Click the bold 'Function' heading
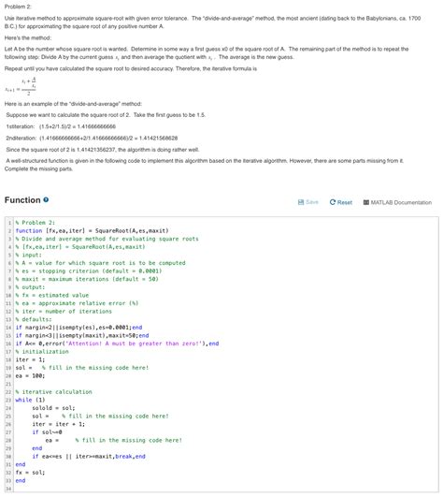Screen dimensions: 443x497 [x=22, y=200]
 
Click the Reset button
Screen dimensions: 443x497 [x=339, y=202]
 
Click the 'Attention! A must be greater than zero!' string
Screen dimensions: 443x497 [x=140, y=343]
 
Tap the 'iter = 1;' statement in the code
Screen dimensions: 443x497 [x=32, y=358]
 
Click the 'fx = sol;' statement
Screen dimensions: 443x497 [x=32, y=472]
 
